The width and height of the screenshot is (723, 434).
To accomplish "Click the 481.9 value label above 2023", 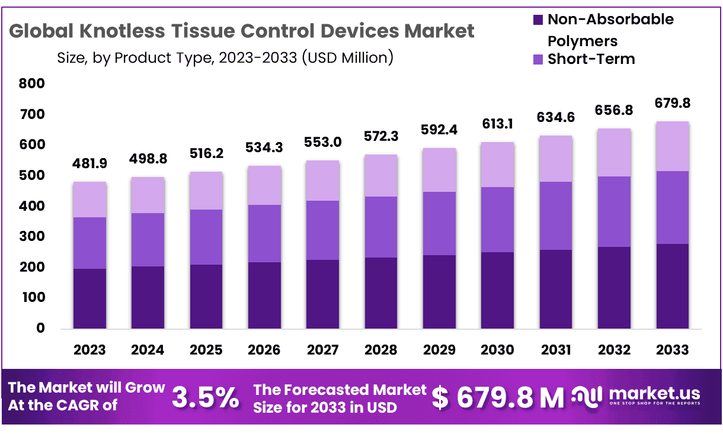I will [89, 163].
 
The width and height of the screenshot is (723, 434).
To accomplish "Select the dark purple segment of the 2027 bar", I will [322, 294].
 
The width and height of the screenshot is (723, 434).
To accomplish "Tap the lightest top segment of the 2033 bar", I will [673, 146].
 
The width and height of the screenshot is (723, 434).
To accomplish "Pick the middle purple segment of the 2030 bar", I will [497, 220].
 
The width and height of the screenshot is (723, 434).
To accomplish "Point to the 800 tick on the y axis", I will [32, 84].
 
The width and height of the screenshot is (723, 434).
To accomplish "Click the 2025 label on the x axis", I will [206, 350].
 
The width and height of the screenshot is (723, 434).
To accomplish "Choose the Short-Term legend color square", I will [538, 59].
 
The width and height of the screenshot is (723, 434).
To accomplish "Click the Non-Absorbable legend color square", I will [538, 20].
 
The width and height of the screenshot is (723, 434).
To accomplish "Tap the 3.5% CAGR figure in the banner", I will [205, 398].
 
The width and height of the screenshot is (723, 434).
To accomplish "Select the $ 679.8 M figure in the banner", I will [498, 398].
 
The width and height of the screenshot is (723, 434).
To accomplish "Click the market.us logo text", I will [654, 394].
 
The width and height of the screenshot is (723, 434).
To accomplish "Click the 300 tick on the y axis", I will [32, 237].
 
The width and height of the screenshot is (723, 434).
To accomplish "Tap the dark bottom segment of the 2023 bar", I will [89, 298].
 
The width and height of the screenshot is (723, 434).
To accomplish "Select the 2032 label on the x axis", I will [614, 350].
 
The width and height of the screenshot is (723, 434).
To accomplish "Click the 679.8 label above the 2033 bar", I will [673, 104].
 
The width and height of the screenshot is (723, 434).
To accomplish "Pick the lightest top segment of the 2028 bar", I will [380, 176].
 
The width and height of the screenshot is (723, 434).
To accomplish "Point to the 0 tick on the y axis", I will [40, 328].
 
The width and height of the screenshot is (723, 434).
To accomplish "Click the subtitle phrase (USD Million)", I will [347, 58].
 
